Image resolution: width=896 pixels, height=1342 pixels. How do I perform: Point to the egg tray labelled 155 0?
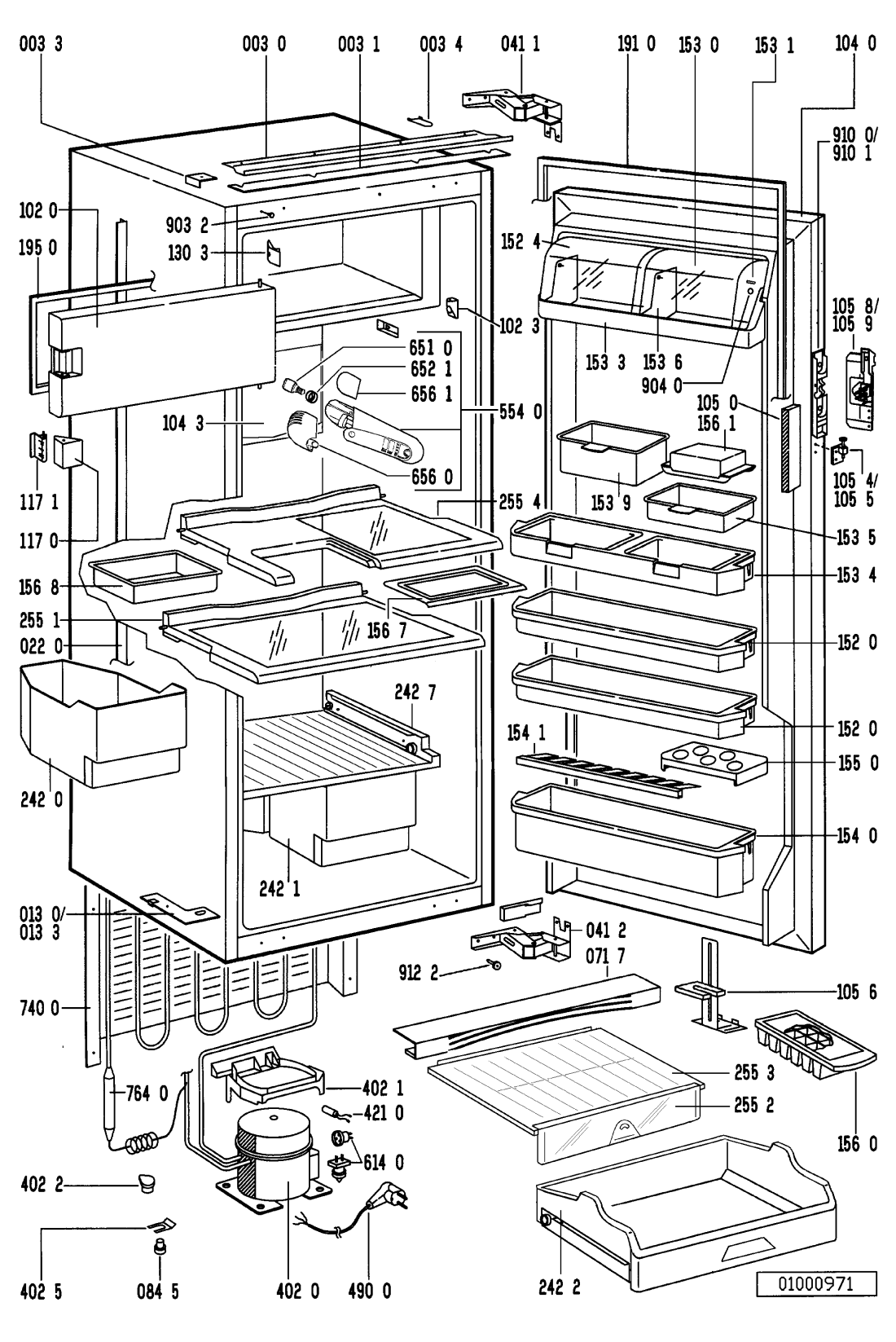714,763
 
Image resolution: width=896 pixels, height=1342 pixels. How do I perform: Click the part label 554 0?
523,412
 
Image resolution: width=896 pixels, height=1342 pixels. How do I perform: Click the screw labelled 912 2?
495,965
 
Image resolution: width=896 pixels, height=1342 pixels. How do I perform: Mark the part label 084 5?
159,1291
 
